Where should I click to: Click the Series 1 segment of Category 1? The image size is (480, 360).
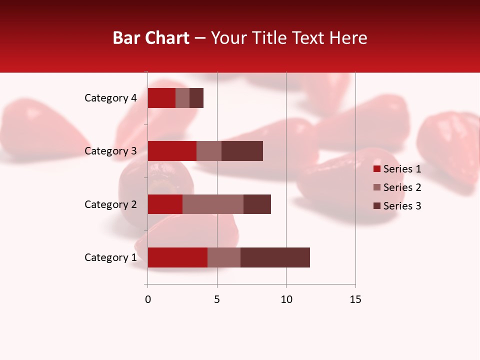coord(177,257)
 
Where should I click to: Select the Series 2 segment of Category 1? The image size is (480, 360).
coord(224,257)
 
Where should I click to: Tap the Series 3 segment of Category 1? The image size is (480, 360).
coord(275,257)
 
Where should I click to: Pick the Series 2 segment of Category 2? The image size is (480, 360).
coord(213,204)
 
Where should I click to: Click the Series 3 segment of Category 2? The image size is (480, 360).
coord(257,204)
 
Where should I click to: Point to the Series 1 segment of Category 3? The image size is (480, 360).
coord(172,151)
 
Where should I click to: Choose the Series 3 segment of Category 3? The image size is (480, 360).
coord(242,151)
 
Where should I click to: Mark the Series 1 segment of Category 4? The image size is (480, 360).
coord(161,98)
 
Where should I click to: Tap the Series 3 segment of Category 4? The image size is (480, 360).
coord(196,98)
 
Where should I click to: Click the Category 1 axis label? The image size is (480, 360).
coord(110,257)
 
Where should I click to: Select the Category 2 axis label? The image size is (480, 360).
coord(110,204)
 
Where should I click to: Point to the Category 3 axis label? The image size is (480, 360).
coord(110,151)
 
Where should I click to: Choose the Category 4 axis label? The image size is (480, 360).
coord(110,98)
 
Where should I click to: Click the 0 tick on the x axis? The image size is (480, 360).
coord(148,299)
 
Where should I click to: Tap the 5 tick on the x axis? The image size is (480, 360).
coord(217,299)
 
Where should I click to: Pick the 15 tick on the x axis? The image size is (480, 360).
coord(355,299)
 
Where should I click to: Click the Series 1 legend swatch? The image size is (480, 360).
coord(377,169)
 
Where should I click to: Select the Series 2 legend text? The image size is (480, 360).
coord(402,187)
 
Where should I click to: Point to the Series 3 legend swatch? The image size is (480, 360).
coord(377,206)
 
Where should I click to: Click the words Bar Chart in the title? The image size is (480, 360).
coord(151,38)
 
